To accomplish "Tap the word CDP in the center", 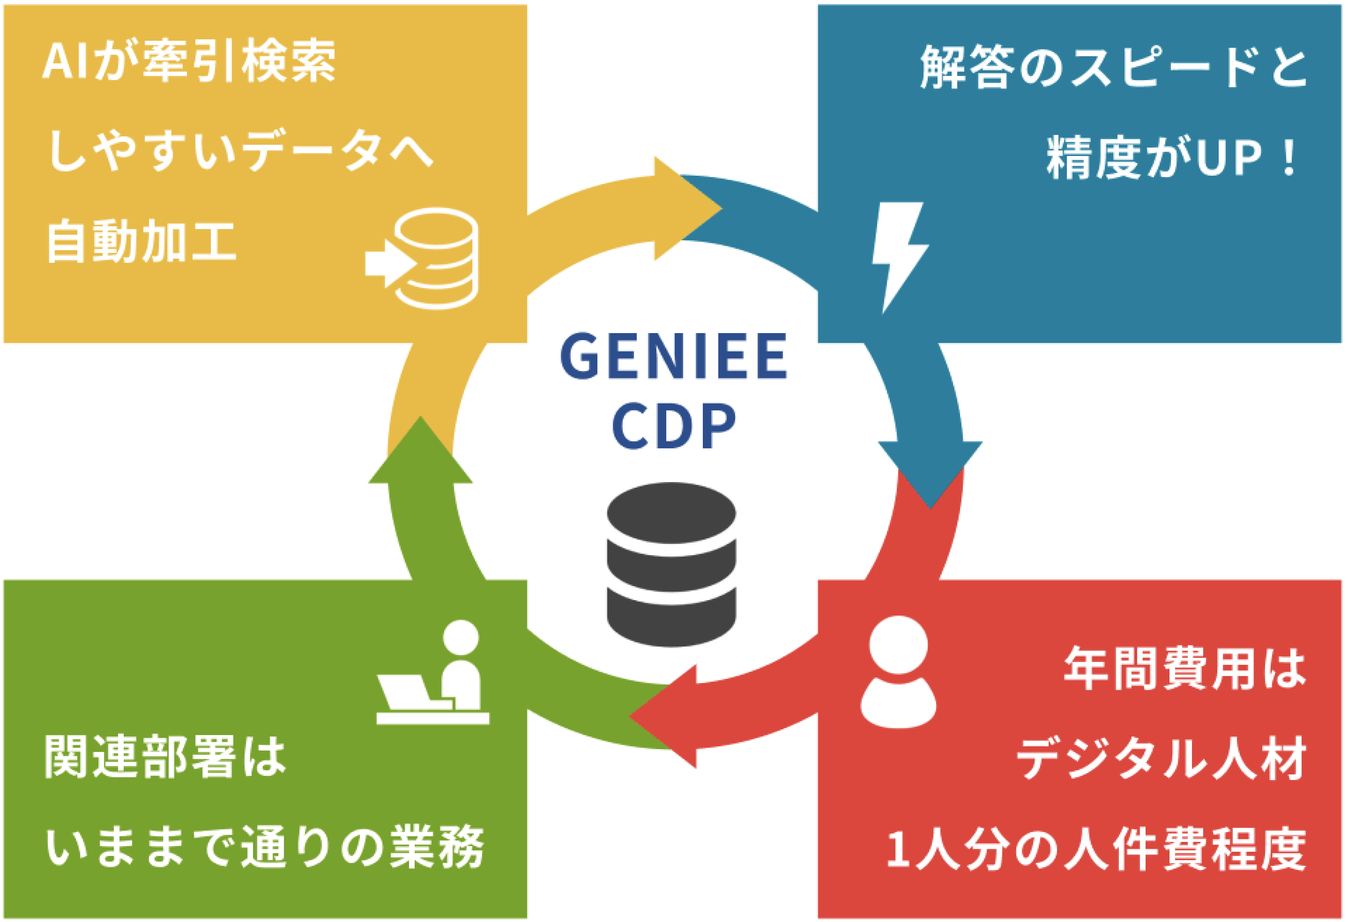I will [673, 426].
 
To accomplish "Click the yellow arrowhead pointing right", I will [687, 208].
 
